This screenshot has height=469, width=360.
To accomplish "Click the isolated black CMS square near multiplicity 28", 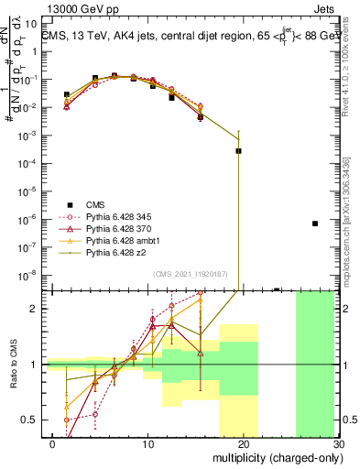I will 314,224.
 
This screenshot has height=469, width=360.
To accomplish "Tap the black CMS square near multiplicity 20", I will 238,151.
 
